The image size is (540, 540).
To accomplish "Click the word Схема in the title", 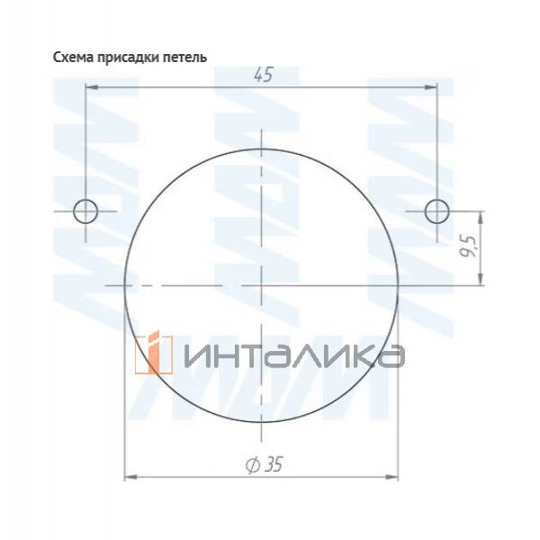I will (x=72, y=57).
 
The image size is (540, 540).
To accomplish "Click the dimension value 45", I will (x=262, y=76).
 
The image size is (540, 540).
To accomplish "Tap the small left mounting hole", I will (x=85, y=211).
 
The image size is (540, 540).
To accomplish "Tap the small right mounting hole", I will (x=436, y=211).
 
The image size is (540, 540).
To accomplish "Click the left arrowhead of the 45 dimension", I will (x=91, y=87).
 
